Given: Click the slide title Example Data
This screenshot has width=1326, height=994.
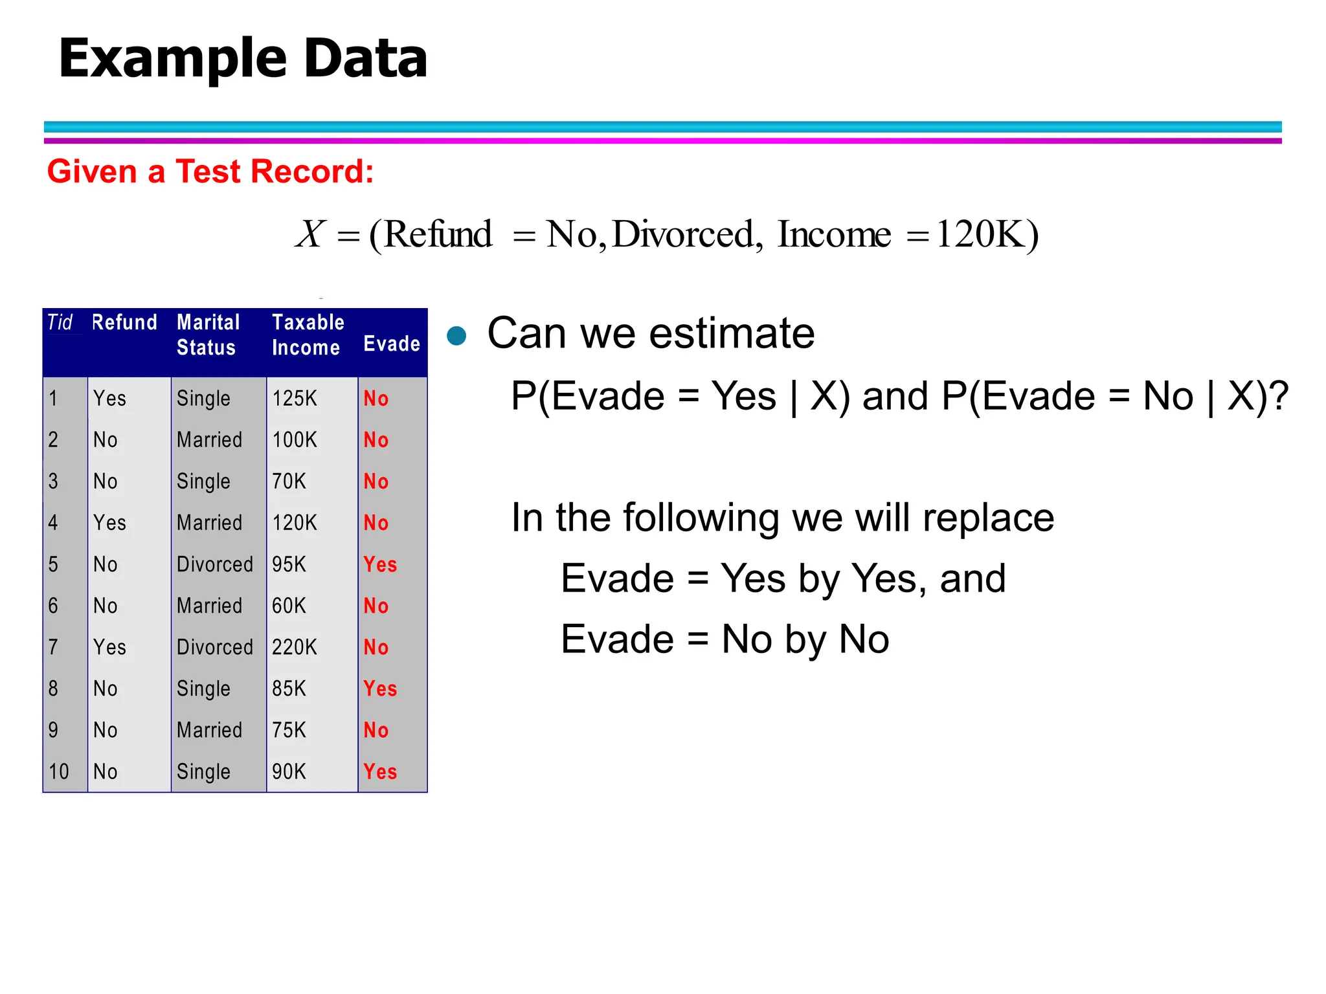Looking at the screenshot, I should [243, 58].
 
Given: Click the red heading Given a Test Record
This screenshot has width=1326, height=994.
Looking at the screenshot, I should [210, 171].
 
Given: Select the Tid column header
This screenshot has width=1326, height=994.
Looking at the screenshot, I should [60, 322].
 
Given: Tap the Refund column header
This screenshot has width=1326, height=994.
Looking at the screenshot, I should [125, 322].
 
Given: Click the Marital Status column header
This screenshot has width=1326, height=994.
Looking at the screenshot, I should [208, 335].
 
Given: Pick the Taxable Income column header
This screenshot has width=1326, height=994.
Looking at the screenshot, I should [308, 335].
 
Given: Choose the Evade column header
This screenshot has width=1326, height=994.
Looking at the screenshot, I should [392, 344].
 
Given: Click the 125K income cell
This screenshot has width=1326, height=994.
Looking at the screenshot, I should [295, 399].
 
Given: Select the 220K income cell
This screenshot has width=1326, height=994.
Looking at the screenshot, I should [295, 647].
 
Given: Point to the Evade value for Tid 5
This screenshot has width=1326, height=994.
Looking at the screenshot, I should [380, 564].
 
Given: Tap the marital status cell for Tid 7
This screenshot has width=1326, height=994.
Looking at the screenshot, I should [215, 647].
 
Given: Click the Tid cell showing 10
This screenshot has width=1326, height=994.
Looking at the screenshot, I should [59, 771].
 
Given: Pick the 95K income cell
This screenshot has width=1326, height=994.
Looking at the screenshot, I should [289, 564].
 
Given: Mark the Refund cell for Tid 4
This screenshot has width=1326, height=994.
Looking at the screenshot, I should [109, 523].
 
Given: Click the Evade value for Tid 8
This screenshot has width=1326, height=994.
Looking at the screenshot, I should [380, 689].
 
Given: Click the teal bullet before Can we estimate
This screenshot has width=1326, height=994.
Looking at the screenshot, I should [457, 335].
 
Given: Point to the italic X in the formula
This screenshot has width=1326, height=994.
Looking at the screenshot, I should [311, 234].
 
